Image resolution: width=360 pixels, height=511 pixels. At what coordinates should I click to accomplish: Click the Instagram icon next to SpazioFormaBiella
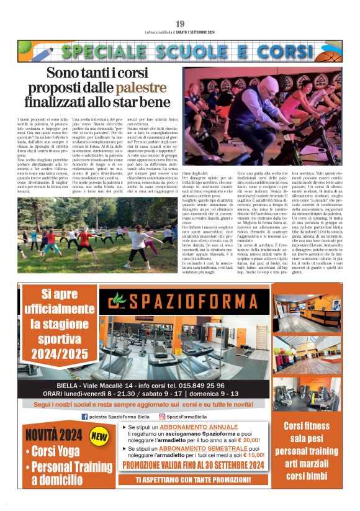click(x=162, y=417)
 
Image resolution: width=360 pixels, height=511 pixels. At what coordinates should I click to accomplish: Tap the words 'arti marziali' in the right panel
click(x=307, y=462)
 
